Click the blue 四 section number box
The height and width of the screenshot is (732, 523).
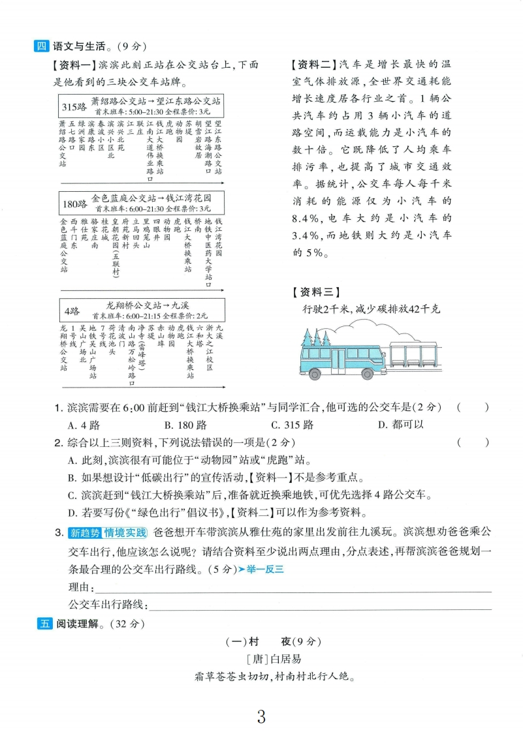pyautogui.click(x=42, y=46)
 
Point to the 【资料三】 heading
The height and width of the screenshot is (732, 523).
pyautogui.click(x=317, y=292)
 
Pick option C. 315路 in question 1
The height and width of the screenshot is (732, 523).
pyautogui.click(x=292, y=425)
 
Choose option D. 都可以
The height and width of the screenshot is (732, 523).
pyautogui.click(x=400, y=425)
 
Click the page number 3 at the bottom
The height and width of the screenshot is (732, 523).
pyautogui.click(x=261, y=716)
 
